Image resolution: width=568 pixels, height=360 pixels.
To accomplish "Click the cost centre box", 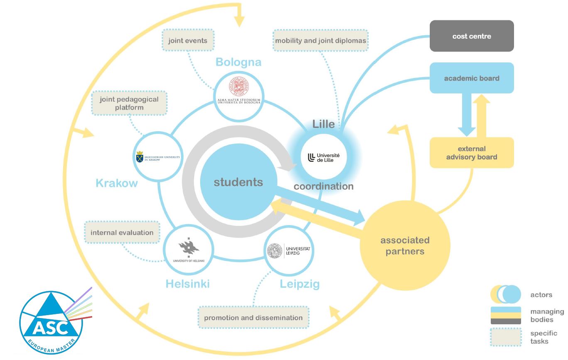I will click(472, 36).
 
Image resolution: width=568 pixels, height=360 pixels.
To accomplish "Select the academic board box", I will click(472, 78).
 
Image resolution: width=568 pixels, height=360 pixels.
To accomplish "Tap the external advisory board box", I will click(472, 153).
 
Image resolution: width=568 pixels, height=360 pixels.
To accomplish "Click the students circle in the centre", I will click(238, 182).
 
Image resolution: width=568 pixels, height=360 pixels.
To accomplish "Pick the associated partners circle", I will click(405, 245).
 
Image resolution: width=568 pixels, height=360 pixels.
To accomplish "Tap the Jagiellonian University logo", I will click(158, 157).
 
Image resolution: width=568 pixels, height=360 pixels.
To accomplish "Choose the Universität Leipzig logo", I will click(289, 250).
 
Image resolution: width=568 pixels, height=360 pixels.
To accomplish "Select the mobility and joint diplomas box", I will click(321, 41).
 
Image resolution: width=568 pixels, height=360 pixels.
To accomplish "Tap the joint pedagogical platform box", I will click(129, 103).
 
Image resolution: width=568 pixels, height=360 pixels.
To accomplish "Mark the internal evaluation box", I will click(122, 233).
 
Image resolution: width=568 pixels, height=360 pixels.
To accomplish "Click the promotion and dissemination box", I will click(253, 318).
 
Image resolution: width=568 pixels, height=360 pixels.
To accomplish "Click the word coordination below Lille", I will click(323, 186).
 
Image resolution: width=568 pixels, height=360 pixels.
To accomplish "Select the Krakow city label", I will click(117, 183).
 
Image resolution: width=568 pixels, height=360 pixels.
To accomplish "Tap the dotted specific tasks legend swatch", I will click(506, 337).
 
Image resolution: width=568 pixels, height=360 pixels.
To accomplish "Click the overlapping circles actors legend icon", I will click(506, 294).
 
